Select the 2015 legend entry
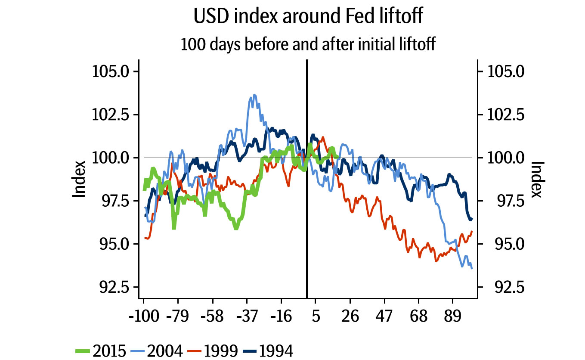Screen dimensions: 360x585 [108, 351]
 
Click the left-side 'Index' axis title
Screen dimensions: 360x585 [78, 179]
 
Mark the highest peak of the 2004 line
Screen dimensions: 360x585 [254, 95]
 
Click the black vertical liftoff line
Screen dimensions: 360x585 [306, 215]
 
